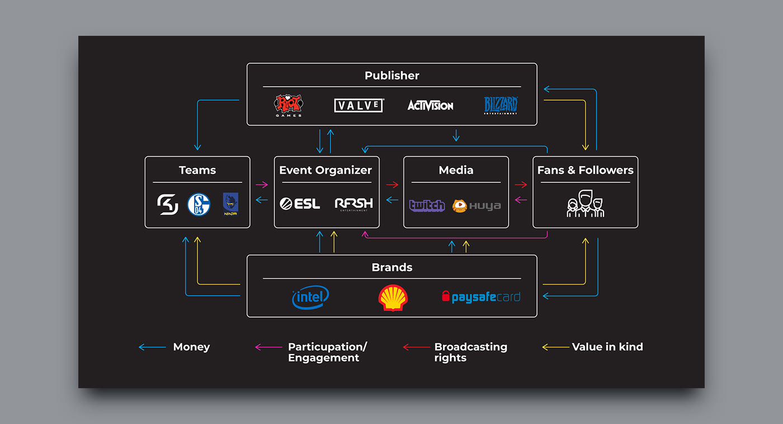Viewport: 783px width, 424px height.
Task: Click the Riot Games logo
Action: [288, 105]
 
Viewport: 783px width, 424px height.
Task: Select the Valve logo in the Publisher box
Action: [359, 105]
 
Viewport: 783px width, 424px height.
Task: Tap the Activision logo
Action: [430, 105]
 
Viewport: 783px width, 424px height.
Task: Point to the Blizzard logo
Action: [501, 105]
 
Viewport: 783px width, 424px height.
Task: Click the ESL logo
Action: [300, 204]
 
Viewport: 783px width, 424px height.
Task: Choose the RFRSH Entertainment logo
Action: [353, 204]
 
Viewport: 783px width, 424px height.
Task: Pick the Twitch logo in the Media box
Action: [427, 205]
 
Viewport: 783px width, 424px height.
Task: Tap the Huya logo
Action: [477, 206]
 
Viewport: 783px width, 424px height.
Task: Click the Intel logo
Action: [310, 297]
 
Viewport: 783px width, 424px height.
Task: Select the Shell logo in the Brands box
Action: [393, 298]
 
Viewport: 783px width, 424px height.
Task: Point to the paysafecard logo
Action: [481, 297]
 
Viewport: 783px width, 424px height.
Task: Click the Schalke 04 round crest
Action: [199, 205]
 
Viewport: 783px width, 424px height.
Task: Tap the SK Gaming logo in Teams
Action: [168, 205]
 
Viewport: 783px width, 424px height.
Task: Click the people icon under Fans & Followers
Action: [585, 204]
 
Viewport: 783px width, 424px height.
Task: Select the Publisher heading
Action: [392, 76]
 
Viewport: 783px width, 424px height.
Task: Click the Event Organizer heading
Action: [326, 170]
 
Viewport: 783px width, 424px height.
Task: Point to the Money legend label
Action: [191, 347]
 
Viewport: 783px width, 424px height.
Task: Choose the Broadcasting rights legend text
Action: [470, 352]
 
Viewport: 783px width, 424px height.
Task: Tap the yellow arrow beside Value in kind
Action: [555, 347]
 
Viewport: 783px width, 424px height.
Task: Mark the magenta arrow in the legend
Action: [268, 347]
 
